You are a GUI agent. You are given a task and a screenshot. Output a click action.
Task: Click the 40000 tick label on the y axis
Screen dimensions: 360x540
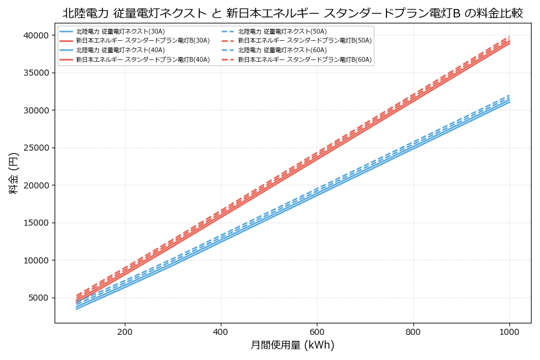click(35, 35)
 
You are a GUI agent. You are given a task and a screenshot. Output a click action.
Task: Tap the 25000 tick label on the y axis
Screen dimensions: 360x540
click(35, 148)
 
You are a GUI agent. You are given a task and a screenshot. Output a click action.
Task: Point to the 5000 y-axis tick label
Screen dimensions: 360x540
click(38, 298)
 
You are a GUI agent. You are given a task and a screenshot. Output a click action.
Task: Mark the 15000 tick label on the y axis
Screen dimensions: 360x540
click(35, 223)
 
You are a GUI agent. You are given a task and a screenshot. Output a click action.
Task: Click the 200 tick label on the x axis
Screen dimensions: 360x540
click(125, 331)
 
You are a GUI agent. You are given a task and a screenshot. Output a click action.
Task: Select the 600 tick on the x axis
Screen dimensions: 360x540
click(317, 331)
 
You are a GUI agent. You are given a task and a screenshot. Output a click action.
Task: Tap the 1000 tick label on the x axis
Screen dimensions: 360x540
click(509, 331)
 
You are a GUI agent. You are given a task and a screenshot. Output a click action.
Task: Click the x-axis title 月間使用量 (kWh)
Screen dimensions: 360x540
click(292, 346)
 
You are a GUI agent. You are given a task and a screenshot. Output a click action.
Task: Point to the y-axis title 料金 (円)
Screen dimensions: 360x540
click(13, 173)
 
